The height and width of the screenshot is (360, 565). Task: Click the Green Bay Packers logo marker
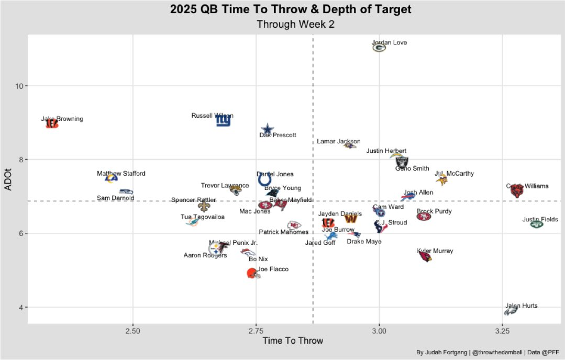379,48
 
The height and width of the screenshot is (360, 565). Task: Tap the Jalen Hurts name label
522,306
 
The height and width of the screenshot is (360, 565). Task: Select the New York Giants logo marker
223,121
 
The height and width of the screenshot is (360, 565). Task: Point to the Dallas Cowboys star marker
267,129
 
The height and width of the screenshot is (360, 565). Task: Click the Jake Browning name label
62,119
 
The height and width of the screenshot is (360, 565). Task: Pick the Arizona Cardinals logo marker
425,256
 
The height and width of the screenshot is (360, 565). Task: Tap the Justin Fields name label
540,219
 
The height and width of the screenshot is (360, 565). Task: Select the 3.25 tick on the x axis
502,331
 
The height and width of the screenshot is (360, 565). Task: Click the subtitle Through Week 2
295,24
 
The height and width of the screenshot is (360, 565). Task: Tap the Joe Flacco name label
273,269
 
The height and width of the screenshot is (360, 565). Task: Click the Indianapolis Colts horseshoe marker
265,181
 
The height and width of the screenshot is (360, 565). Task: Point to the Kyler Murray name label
435,251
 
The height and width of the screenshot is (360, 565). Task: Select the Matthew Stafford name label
121,173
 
